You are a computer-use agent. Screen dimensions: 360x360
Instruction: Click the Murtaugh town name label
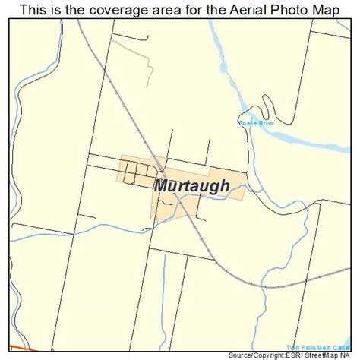coord(192,186)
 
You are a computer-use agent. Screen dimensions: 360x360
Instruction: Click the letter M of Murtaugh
coord(162,186)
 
